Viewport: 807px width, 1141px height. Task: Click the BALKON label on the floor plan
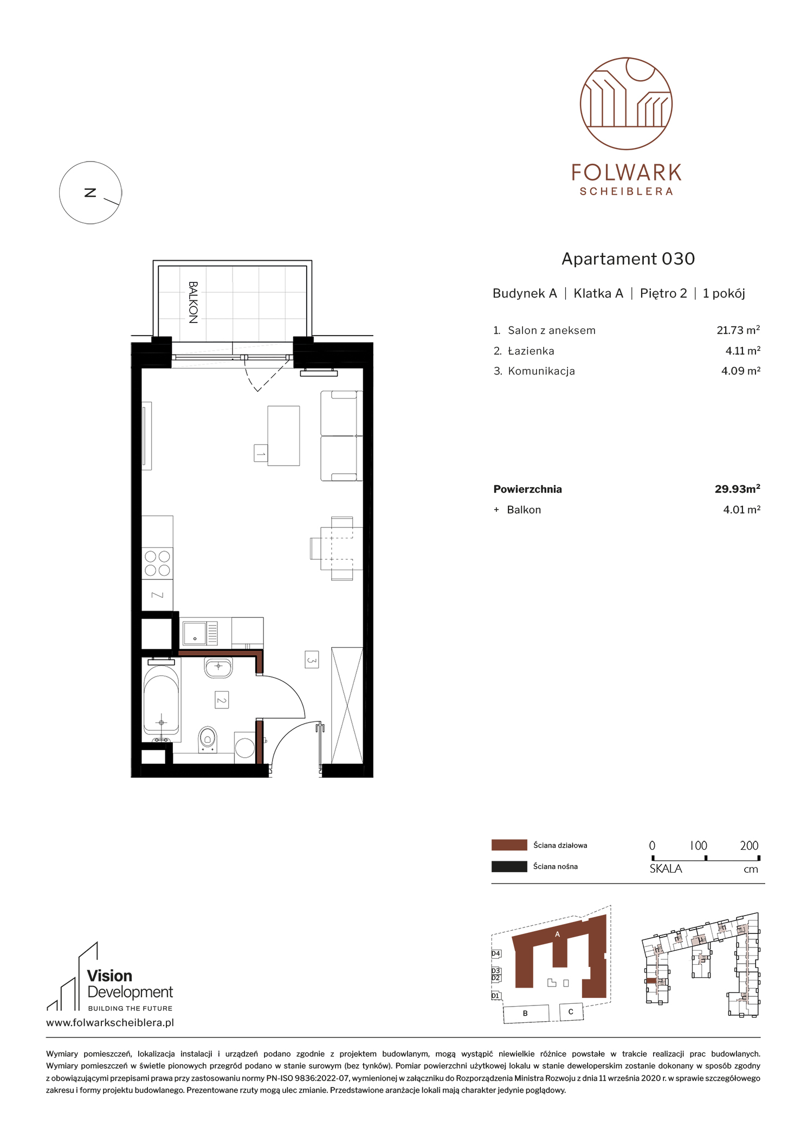(x=193, y=302)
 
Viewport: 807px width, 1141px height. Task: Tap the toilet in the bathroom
(x=207, y=739)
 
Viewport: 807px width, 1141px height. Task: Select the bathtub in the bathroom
(x=161, y=704)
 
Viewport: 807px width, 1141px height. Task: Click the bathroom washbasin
(x=218, y=667)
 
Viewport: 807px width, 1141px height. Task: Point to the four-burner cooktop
(x=157, y=563)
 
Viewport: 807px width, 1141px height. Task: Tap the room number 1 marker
(x=261, y=453)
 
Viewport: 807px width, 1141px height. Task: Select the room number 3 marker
(x=312, y=660)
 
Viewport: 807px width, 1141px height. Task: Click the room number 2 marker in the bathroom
(x=221, y=700)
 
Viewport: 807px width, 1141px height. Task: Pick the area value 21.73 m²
(x=738, y=330)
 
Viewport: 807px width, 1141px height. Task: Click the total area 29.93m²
(x=737, y=489)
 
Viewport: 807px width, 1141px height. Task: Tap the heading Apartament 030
(x=628, y=259)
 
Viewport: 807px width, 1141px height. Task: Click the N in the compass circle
(x=91, y=192)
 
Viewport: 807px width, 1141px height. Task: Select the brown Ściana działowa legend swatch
(x=509, y=845)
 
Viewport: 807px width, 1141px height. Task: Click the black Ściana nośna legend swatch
(x=509, y=866)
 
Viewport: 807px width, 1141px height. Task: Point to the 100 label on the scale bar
(x=699, y=846)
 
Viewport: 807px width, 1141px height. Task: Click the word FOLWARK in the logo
(x=627, y=173)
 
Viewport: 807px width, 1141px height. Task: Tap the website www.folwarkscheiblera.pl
(x=110, y=1023)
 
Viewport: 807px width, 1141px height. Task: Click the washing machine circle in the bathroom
(x=245, y=748)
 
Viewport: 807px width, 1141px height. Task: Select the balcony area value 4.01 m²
(x=741, y=510)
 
